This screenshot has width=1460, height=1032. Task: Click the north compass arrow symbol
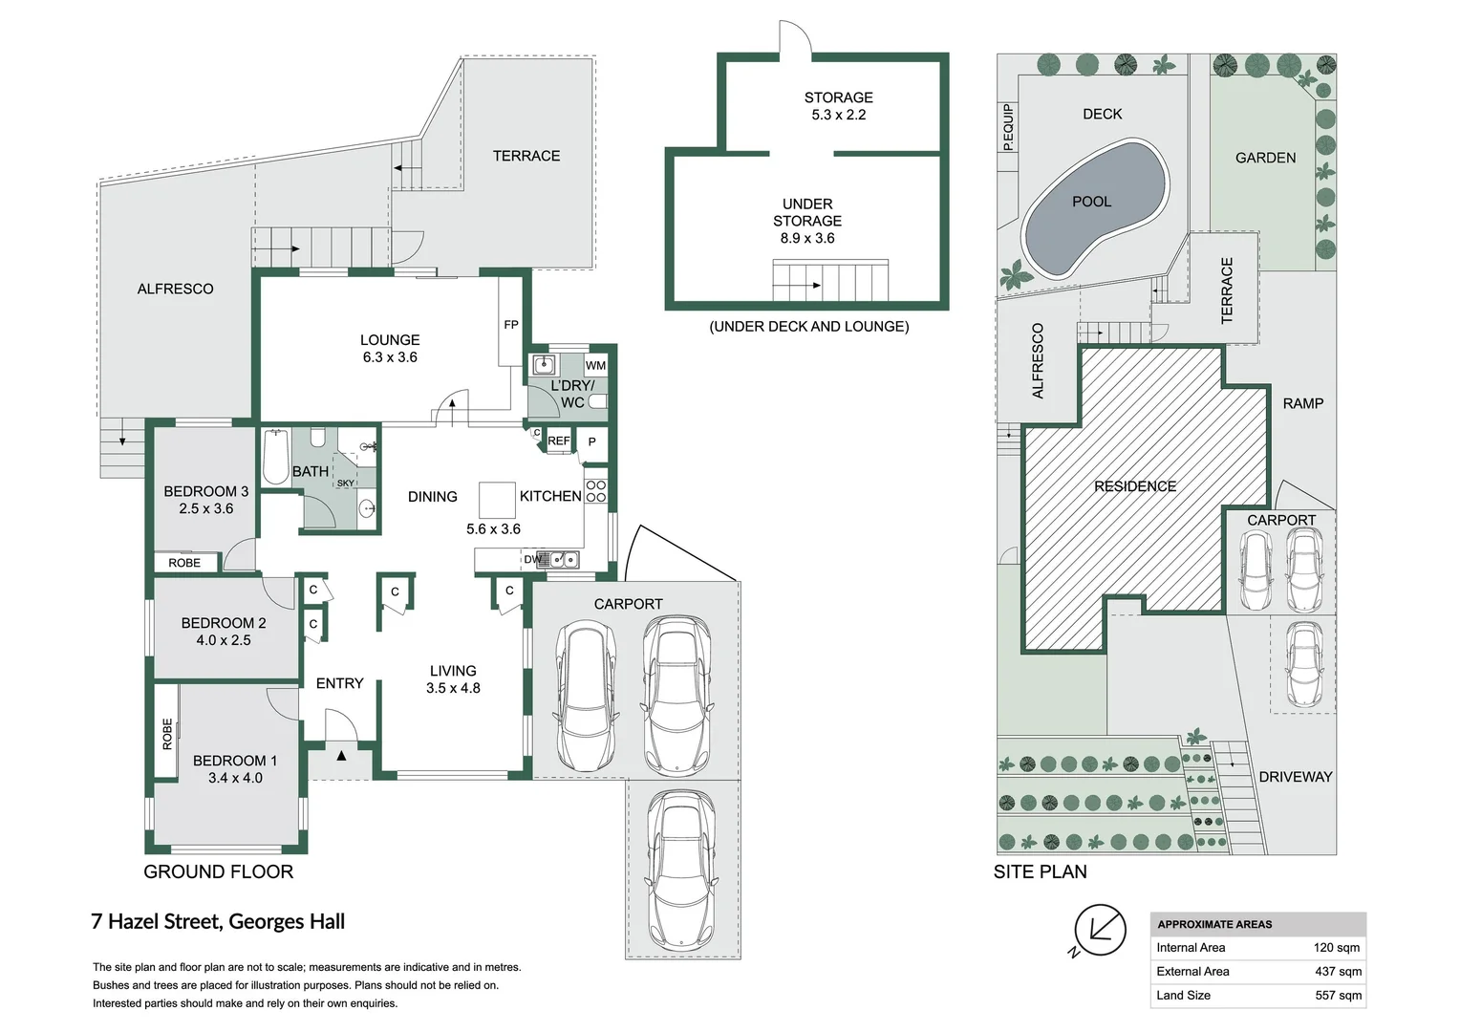[x=1099, y=930]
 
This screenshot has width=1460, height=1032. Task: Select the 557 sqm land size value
[x=1338, y=995]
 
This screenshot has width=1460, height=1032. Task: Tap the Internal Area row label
[x=1191, y=948]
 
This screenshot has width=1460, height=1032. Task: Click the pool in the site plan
[x=1093, y=206]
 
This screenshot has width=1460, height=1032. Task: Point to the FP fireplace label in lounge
[x=511, y=325]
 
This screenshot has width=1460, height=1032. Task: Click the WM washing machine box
[x=595, y=365]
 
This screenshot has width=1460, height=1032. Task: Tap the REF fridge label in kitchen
[x=558, y=441]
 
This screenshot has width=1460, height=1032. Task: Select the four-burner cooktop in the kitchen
[x=596, y=491]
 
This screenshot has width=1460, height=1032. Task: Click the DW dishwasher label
[x=532, y=559]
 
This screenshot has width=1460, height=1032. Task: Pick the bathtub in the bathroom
[x=276, y=458]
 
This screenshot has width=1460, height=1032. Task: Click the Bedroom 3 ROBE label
[x=184, y=563]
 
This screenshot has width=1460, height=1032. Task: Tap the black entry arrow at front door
[x=341, y=756]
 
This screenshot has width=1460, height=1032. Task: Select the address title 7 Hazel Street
[x=218, y=921]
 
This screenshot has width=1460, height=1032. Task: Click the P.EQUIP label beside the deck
[x=1007, y=127]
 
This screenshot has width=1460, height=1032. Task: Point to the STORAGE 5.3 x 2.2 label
[x=838, y=106]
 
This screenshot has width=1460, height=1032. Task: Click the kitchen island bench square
[x=497, y=500]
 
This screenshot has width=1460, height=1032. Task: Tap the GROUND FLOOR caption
[x=218, y=871]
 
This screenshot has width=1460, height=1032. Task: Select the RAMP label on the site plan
[x=1302, y=403]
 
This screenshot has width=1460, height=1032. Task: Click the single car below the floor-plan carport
[x=681, y=870]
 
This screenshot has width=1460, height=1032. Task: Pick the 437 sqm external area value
[x=1338, y=971]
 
